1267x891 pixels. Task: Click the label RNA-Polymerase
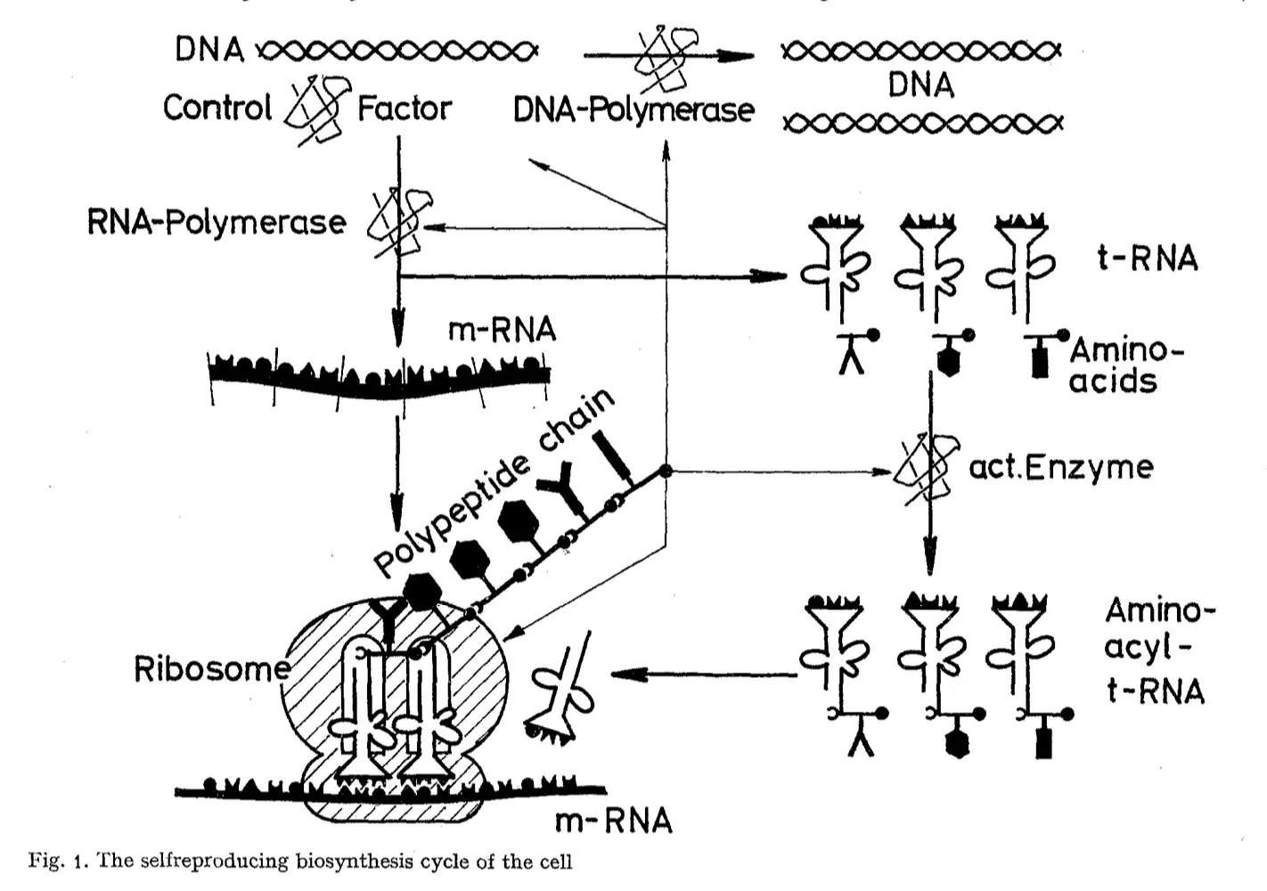coord(217,221)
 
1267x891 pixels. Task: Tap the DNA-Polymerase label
coord(633,110)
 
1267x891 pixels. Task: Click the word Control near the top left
coord(217,108)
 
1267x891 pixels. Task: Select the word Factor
coord(405,109)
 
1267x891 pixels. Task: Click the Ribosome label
coord(211,668)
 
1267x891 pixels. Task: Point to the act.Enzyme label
coord(1060,466)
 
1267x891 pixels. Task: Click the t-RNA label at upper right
coord(1147,258)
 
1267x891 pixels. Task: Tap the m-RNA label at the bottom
coord(613,820)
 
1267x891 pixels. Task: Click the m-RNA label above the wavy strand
coord(502,330)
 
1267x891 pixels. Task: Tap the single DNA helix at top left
coord(397,52)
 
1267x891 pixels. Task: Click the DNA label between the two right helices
coord(920,86)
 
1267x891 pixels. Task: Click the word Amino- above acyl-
coord(1159,610)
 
